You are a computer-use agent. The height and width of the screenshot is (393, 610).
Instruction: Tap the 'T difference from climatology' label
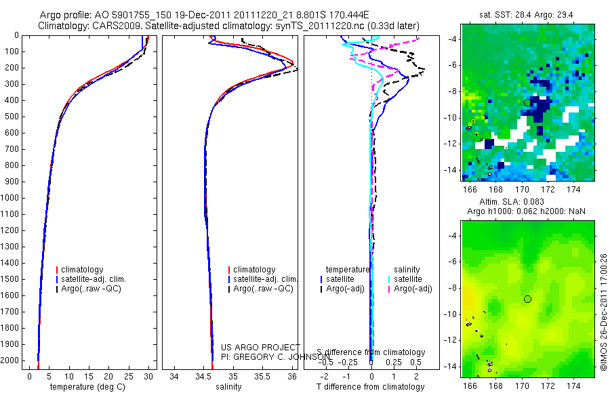370,387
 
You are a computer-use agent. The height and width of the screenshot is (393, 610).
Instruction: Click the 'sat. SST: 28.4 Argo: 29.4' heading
527,14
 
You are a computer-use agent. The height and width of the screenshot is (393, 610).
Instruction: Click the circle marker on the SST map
527,102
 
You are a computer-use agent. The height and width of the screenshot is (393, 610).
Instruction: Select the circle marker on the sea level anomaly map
527,299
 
